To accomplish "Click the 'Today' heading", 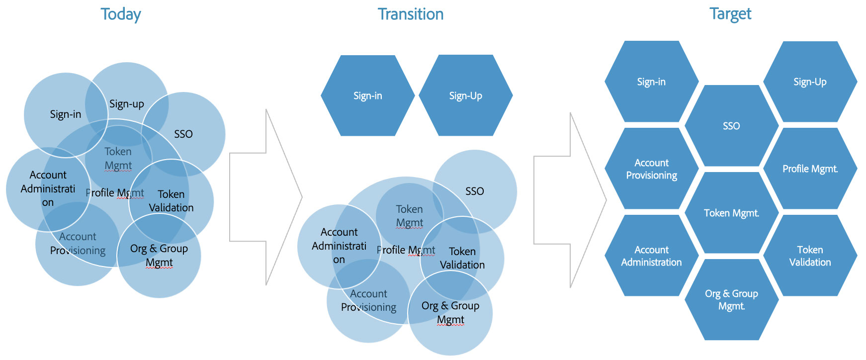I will click(121, 14).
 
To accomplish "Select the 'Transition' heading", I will click(411, 14).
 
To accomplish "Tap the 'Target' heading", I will click(730, 14).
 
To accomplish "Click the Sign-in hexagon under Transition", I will click(368, 95).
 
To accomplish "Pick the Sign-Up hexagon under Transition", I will click(466, 95).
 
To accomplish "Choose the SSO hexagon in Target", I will click(731, 126).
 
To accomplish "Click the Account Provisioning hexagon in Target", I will click(651, 169).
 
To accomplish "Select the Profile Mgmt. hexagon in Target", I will click(810, 169).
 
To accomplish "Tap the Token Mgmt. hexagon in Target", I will click(731, 213).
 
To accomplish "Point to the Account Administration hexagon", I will click(651, 256).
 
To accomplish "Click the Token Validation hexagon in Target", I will click(810, 256).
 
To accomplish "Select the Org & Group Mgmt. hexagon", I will click(731, 300).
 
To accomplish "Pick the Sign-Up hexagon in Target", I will click(810, 82).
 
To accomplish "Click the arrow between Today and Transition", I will click(266, 197).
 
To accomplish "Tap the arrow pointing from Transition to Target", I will click(570, 200).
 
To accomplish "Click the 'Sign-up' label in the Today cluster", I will click(127, 104).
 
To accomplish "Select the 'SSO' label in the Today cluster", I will click(183, 134).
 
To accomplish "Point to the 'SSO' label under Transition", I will click(475, 191).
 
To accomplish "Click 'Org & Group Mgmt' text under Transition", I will click(450, 312).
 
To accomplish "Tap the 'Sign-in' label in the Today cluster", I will click(66, 114).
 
